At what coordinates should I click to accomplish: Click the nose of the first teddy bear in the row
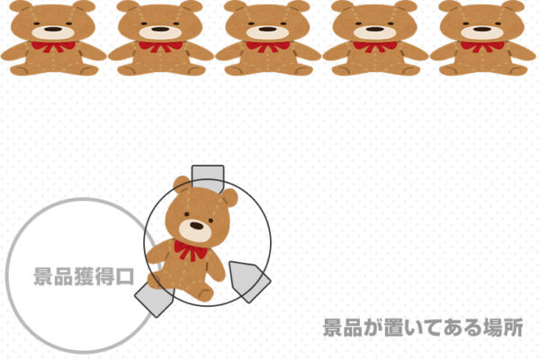pos(53,30)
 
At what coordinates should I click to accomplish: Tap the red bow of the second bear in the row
pos(160,47)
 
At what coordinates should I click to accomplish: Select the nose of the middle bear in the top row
pos(267,30)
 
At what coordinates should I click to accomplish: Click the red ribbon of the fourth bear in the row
pos(375,47)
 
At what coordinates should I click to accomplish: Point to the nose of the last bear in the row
pos(482,30)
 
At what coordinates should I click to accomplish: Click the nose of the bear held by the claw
pos(196,226)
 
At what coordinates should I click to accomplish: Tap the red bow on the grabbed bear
pos(191,250)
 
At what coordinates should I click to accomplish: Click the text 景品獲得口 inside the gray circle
pos(84,276)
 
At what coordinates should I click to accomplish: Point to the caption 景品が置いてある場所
pos(423,328)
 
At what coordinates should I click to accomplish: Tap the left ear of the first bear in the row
pos(21,6)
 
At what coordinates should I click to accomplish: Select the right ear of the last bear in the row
pos(513,6)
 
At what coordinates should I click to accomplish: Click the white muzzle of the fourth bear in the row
pos(375,32)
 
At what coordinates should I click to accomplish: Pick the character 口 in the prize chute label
pos(125,276)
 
